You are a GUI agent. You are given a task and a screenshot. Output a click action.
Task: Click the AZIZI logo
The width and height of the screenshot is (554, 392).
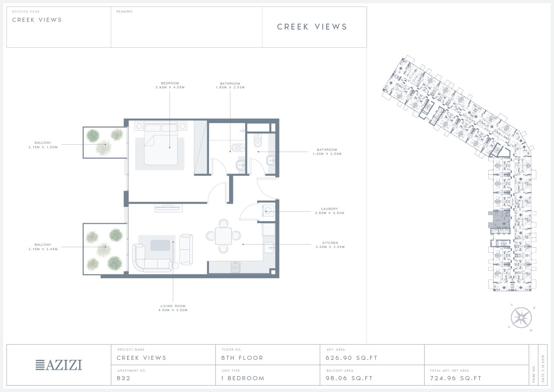pyautogui.click(x=59, y=365)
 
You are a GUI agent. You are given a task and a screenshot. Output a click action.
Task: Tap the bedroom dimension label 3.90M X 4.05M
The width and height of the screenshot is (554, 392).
pyautogui.click(x=170, y=87)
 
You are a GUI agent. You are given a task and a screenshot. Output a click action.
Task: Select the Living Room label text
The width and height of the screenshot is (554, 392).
pyautogui.click(x=173, y=306)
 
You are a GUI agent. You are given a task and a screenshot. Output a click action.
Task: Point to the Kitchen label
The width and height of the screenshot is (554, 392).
pyautogui.click(x=330, y=243)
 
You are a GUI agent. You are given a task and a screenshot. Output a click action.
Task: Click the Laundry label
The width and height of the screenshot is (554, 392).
pyautogui.click(x=329, y=209)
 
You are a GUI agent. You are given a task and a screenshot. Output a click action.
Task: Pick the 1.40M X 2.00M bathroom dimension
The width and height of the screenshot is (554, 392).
pyautogui.click(x=327, y=154)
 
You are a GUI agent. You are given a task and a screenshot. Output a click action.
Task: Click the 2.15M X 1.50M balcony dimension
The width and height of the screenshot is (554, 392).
pyautogui.click(x=43, y=147)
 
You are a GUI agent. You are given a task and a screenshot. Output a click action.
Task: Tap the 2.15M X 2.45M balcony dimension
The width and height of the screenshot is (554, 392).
pyautogui.click(x=43, y=249)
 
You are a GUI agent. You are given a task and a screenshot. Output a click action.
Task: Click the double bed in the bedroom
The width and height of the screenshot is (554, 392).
pyautogui.click(x=161, y=143)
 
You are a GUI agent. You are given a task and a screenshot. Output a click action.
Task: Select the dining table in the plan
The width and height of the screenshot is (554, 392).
pyautogui.click(x=223, y=236)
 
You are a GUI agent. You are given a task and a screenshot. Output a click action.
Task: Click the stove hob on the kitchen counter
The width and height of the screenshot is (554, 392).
pyautogui.click(x=236, y=267)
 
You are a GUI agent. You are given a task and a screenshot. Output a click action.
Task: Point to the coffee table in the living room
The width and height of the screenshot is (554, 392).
pyautogui.click(x=160, y=245)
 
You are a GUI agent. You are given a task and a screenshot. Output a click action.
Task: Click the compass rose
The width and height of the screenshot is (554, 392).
pyautogui.click(x=521, y=318)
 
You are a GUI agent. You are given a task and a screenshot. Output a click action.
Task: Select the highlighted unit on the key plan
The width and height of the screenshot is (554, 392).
pyautogui.click(x=500, y=219)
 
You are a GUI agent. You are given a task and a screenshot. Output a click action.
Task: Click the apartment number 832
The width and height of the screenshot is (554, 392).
pyautogui.click(x=123, y=378)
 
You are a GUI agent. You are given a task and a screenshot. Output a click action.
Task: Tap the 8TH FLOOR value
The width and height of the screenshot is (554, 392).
pyautogui.click(x=242, y=358)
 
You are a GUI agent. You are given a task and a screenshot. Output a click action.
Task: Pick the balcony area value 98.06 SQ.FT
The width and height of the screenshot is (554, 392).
pyautogui.click(x=349, y=378)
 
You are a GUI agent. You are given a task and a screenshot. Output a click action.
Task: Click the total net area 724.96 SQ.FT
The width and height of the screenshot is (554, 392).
pyautogui.click(x=456, y=378)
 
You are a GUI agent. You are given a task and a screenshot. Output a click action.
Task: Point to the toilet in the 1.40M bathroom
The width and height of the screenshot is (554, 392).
pyautogui.click(x=258, y=140)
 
